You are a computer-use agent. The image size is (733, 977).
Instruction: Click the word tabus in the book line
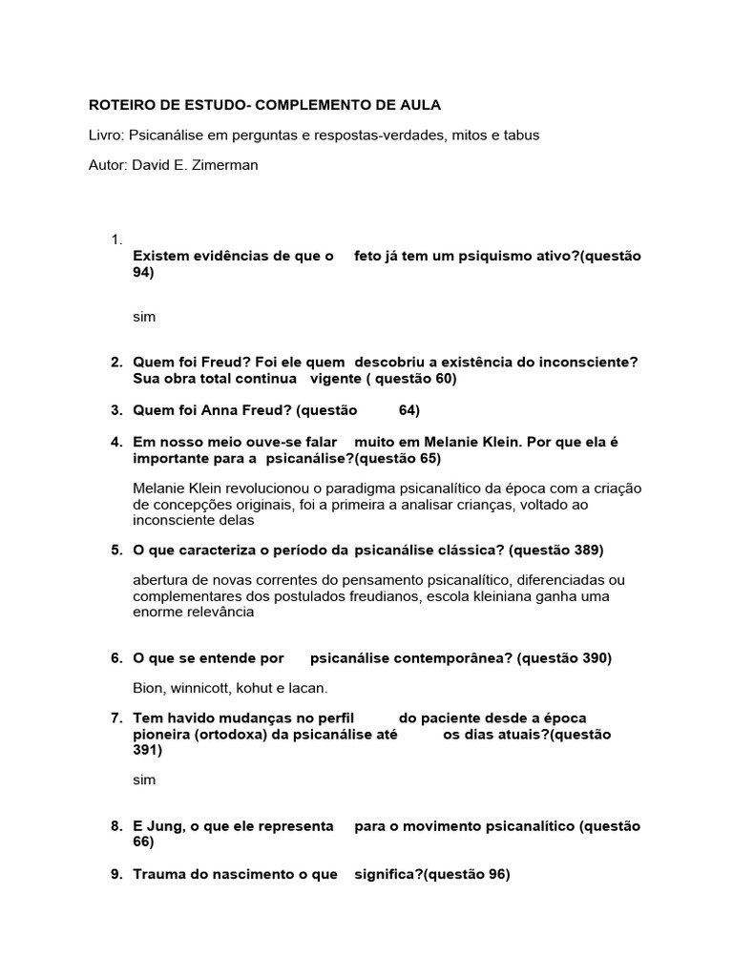click(521, 135)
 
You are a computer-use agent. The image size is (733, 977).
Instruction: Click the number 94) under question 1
click(143, 272)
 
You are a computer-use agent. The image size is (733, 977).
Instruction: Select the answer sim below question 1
click(144, 317)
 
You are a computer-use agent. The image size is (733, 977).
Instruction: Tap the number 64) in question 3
click(409, 410)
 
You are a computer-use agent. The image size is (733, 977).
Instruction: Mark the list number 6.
click(116, 657)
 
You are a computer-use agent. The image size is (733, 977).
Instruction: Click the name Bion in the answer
click(148, 688)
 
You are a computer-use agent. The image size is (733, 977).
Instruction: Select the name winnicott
click(210, 688)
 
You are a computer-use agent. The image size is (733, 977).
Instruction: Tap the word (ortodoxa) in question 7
click(232, 734)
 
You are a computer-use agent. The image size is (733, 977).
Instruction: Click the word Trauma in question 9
click(157, 874)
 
